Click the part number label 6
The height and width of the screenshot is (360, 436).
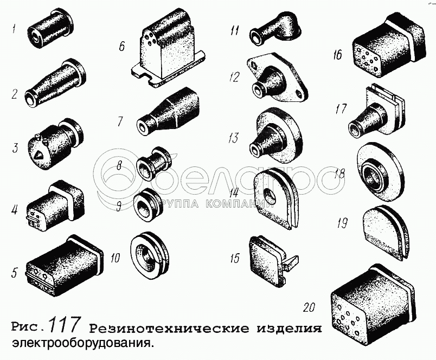122,46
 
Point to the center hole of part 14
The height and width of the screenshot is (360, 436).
269,192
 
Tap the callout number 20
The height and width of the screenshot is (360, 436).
309,307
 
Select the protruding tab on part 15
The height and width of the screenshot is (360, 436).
291,261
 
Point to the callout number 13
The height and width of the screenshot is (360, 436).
234,137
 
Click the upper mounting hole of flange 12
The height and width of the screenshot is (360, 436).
254,64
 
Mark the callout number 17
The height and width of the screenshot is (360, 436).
341,108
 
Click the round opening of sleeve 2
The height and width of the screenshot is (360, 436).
30,98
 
